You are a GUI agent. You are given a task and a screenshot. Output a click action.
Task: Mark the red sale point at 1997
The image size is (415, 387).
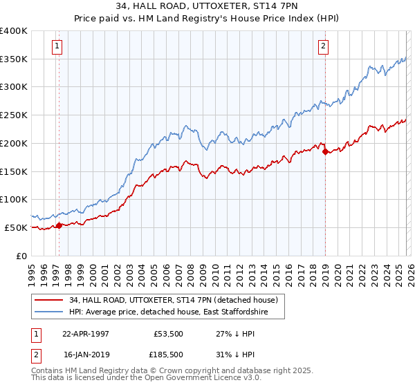tap(59, 225)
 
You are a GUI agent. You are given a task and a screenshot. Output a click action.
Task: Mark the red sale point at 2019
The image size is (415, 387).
tap(325, 151)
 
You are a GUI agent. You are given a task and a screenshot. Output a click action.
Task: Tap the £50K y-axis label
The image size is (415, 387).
tap(15, 227)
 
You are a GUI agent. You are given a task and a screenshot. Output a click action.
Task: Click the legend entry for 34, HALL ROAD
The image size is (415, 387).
tap(173, 300)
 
